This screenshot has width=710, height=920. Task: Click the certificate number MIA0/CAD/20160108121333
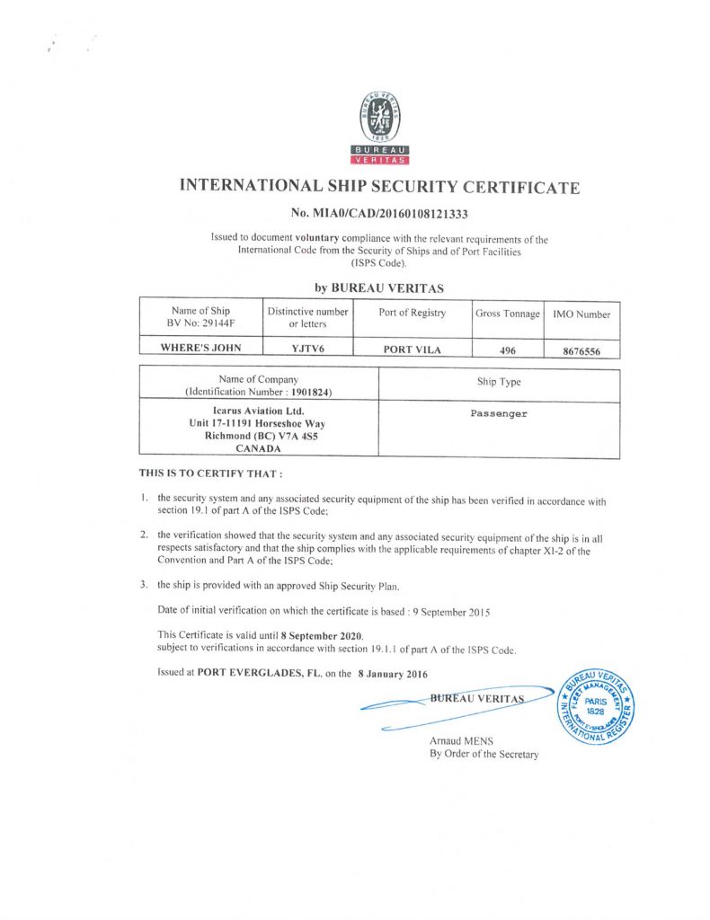click(x=379, y=214)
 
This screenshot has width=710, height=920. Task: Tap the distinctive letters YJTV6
click(x=307, y=349)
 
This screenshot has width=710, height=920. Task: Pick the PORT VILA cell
click(x=412, y=349)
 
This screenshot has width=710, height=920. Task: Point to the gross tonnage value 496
click(x=507, y=350)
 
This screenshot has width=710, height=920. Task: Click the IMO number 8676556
click(x=587, y=351)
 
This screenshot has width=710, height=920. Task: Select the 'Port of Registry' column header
click(x=412, y=313)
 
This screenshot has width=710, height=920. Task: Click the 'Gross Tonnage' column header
click(x=507, y=314)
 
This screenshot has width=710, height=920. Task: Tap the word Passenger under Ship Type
click(x=499, y=414)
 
